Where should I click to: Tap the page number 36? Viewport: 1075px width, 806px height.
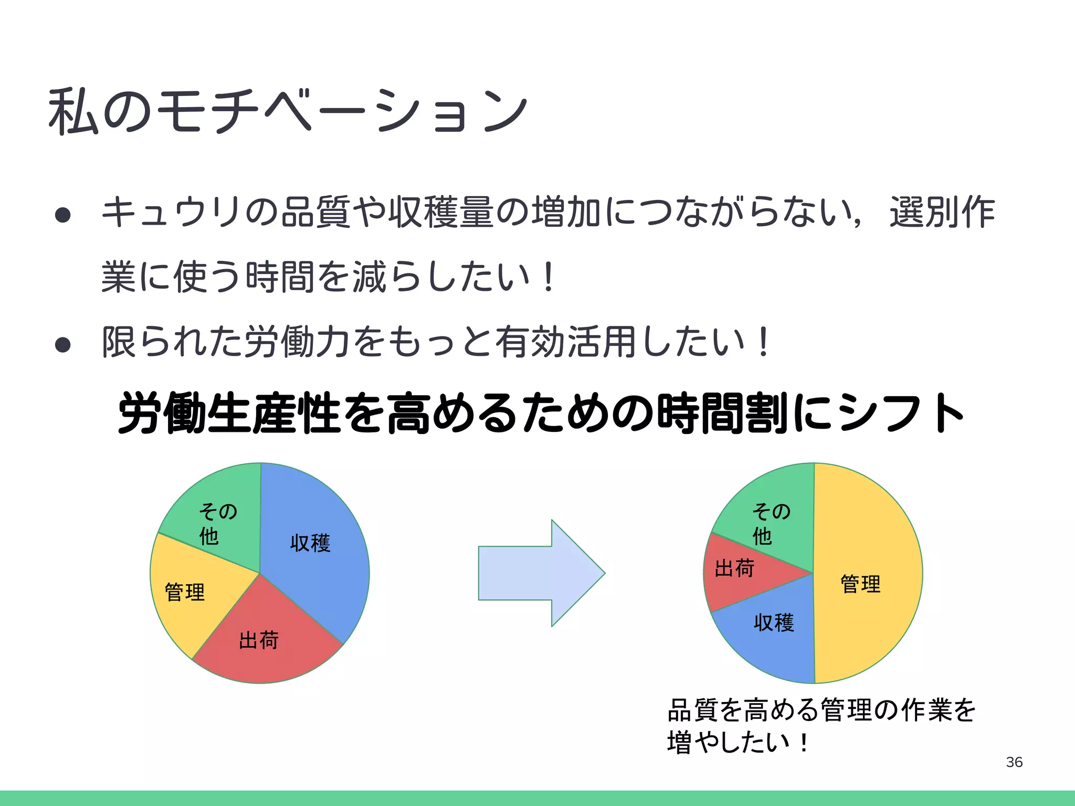[1014, 762]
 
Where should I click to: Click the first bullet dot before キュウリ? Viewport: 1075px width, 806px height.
[62, 215]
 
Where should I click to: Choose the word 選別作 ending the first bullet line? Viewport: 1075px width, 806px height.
[942, 213]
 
